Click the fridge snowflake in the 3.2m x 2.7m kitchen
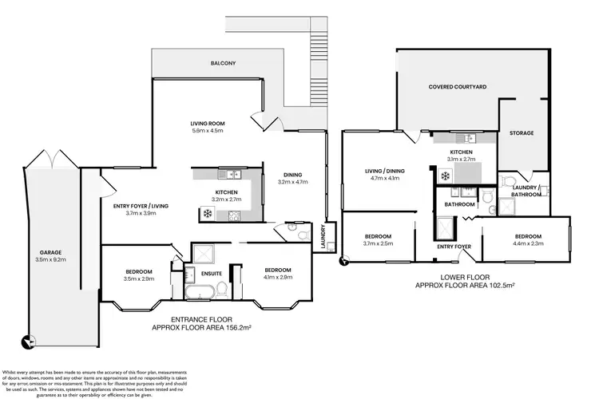pos(207,214)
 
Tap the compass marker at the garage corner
pos(29,343)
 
